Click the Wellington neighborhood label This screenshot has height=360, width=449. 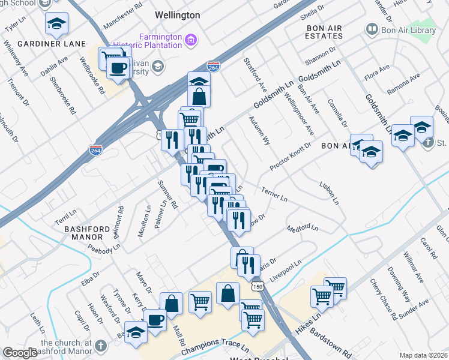(177, 14)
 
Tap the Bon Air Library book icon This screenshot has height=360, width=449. (372, 29)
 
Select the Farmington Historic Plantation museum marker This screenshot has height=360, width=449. (191, 41)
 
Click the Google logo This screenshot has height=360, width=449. (20, 353)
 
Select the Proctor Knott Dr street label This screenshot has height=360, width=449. (291, 156)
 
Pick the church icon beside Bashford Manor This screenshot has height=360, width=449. (101, 346)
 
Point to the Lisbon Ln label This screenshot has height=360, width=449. (329, 191)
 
